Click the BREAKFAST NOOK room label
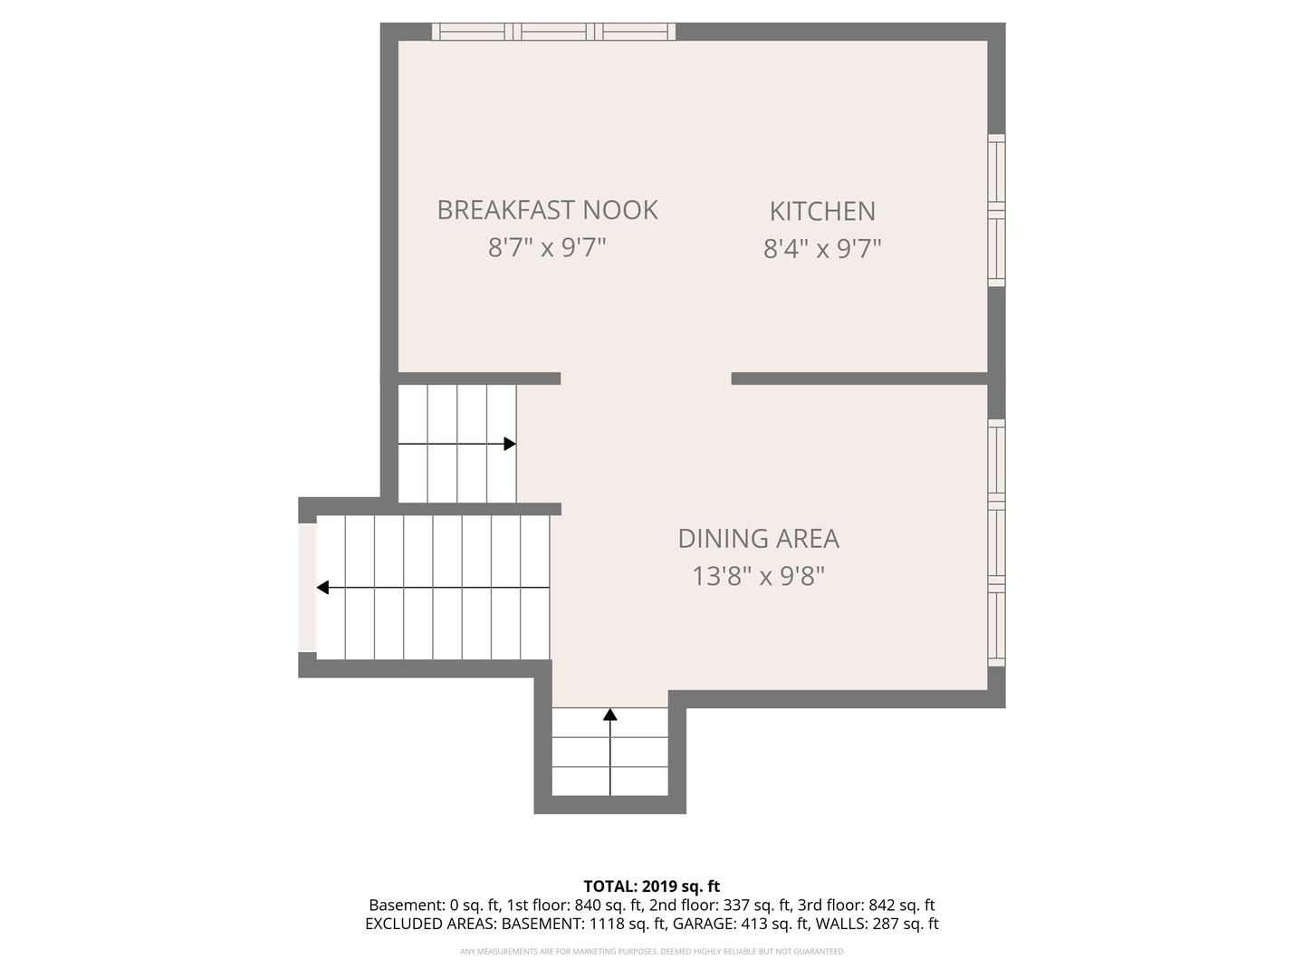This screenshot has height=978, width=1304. coord(547,209)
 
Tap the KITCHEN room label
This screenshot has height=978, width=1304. coord(822,211)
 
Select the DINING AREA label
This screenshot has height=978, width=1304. coord(758,539)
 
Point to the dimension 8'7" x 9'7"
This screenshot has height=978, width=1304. coord(547,247)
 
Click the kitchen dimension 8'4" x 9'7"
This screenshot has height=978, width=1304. coord(822,248)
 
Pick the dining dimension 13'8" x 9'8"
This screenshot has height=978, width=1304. coord(759,575)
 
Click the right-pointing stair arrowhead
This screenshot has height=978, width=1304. coord(510,444)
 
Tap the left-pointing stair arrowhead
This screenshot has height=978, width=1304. coord(322,588)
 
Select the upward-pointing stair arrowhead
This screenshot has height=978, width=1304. coord(610,714)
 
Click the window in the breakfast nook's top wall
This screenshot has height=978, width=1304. coord(553,32)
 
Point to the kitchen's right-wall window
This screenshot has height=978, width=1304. coord(996,210)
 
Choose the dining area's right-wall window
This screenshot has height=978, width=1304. coord(996,542)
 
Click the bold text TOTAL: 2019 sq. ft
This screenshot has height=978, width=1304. coord(652,887)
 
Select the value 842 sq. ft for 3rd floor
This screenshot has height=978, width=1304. coord(902,905)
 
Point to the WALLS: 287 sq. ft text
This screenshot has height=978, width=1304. coord(877,924)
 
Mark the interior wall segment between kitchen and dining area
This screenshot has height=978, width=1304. coord(859,379)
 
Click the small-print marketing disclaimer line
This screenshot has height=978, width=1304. coord(652,951)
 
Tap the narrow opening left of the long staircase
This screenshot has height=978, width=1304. coord(307,588)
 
